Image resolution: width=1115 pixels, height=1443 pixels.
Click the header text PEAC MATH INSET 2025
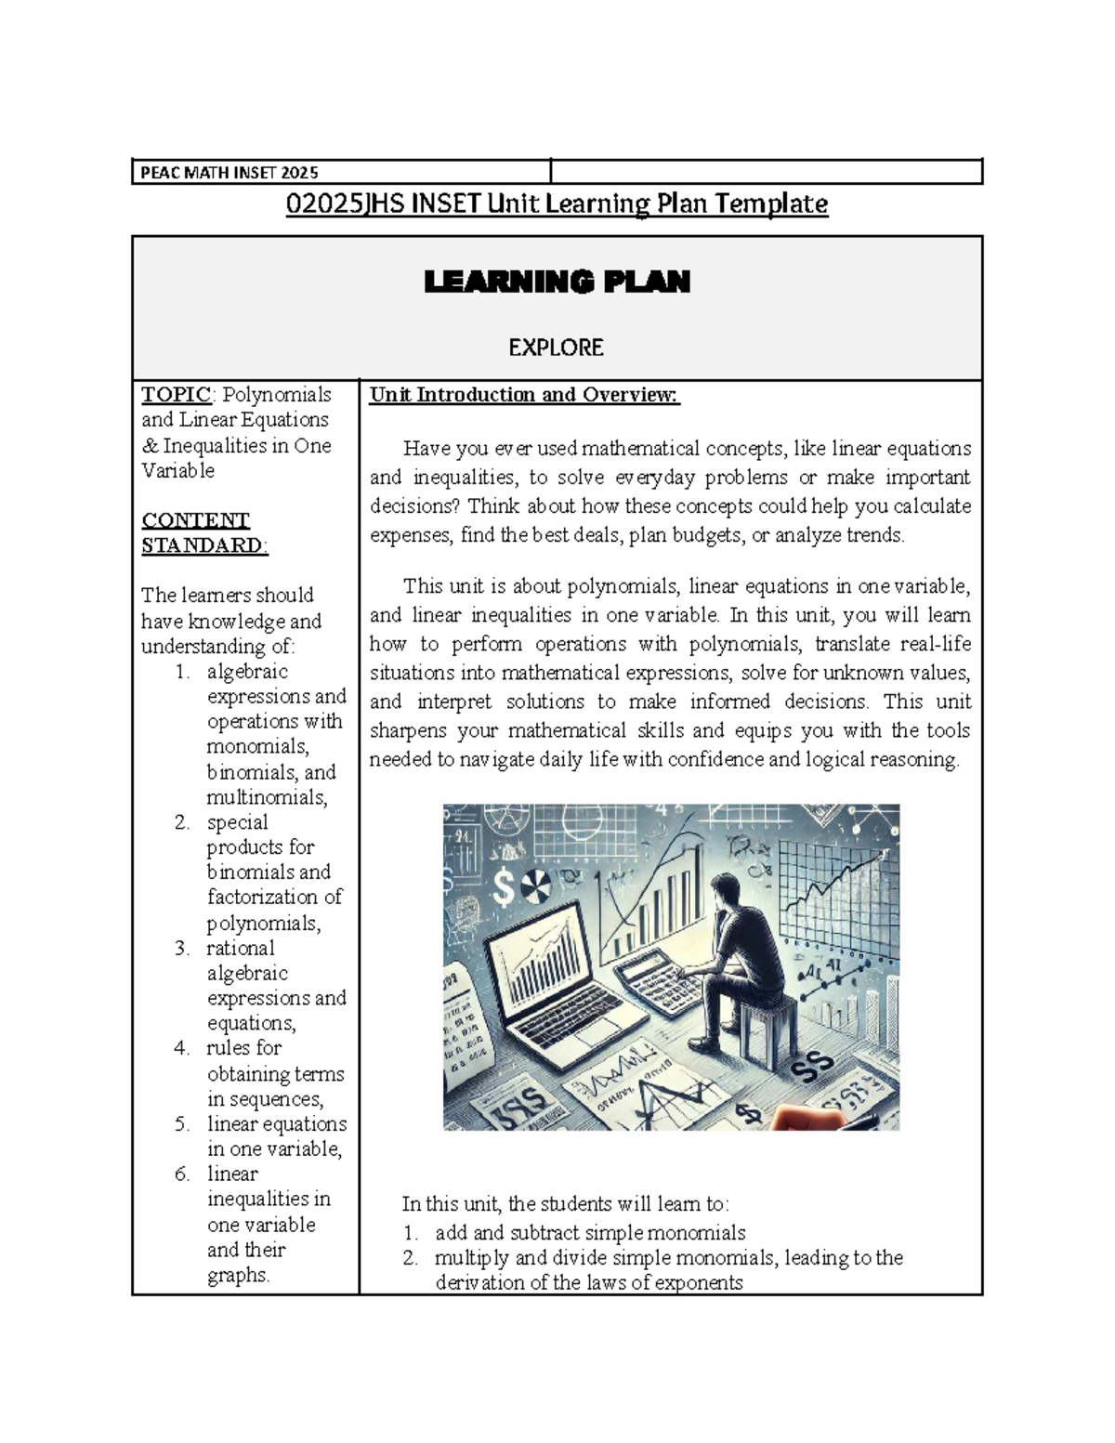coord(229,172)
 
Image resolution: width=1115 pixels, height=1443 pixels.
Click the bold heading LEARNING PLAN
coord(557,282)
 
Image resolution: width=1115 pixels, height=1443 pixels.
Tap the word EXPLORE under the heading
coord(556,348)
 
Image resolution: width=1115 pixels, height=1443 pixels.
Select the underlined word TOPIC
coord(175,395)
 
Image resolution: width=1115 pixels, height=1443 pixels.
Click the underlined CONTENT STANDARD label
coord(203,532)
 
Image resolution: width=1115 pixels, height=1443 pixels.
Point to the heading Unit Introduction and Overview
coord(524,395)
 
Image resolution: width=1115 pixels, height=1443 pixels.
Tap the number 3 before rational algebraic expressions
coord(182,948)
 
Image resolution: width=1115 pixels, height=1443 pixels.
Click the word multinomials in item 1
coord(266,797)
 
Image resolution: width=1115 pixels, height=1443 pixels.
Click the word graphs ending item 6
coord(238,1275)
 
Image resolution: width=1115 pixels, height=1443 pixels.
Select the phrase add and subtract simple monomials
coord(590,1233)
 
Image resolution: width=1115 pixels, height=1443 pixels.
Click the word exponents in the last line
coord(699,1283)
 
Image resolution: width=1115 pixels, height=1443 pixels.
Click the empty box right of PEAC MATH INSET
coord(766,172)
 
